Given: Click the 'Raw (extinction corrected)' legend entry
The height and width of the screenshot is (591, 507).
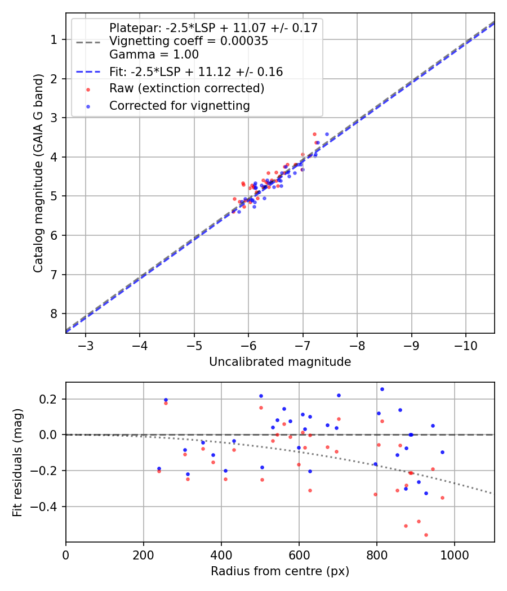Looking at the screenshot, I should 186,89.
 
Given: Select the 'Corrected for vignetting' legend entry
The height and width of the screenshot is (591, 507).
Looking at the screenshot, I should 180,106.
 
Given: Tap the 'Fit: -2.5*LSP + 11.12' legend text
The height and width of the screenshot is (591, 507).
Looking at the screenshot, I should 196,72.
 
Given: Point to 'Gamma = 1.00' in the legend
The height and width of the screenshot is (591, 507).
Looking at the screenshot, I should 154,55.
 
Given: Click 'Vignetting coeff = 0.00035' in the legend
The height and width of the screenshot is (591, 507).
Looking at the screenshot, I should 189,41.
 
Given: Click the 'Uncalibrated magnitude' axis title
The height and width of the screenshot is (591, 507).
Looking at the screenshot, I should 280,362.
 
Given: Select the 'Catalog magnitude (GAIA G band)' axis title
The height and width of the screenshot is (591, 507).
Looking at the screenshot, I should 38,173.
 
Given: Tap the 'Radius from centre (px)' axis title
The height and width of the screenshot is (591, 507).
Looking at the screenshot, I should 280,571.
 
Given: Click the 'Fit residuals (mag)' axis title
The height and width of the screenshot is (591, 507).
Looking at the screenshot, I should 17,463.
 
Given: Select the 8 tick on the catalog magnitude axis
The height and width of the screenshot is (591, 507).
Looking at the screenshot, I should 54,314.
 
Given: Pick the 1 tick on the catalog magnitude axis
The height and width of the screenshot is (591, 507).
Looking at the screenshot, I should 54,39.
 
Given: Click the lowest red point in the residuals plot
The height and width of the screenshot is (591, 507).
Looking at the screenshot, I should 426,535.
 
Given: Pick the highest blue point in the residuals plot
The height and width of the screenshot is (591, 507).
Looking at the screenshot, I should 382,389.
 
